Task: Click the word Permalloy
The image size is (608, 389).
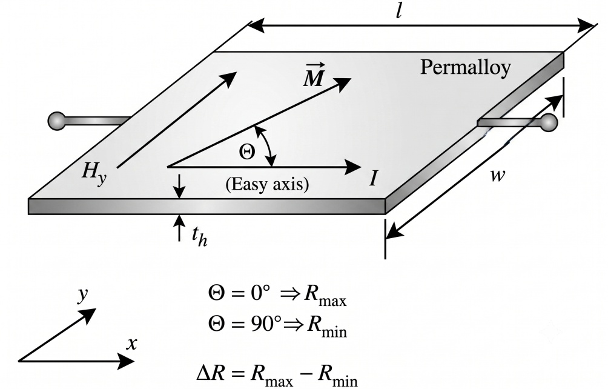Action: click(465, 68)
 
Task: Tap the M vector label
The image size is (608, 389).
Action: click(313, 75)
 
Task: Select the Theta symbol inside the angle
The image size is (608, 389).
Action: click(248, 152)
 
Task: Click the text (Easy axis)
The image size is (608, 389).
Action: click(267, 185)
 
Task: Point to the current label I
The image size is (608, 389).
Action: click(374, 179)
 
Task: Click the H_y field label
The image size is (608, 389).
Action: click(93, 172)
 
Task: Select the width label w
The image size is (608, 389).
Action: click(498, 175)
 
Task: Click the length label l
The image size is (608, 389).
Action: click(398, 12)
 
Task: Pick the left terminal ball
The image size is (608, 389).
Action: click(56, 121)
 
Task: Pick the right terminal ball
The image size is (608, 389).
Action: click(549, 122)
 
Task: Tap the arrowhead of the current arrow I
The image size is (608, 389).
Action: click(353, 167)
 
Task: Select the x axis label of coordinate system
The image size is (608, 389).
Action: click(132, 344)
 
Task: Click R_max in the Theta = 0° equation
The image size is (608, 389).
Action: click(325, 296)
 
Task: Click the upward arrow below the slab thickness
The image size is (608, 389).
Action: click(179, 228)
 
